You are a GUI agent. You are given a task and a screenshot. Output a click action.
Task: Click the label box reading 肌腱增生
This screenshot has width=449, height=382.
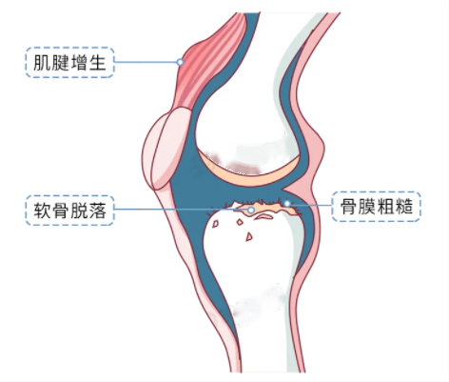[69, 62]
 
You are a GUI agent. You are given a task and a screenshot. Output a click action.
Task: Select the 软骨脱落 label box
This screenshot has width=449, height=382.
[69, 211]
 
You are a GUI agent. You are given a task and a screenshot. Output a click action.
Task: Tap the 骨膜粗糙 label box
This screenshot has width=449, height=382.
[376, 207]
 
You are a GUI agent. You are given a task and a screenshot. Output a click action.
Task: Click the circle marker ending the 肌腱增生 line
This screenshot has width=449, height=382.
[180, 62]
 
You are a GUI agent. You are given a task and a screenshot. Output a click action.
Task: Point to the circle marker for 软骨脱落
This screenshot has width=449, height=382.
[251, 210]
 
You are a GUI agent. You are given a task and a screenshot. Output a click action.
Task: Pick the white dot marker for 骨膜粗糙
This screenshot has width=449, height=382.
[287, 204]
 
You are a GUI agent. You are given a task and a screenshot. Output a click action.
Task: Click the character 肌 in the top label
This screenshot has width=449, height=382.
[42, 63]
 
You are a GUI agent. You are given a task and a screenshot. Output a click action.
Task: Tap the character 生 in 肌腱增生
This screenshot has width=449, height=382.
[97, 63]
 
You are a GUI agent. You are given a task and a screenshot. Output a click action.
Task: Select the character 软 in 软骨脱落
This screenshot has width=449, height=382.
[42, 211]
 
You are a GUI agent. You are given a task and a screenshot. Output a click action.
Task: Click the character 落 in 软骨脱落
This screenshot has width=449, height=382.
[97, 211]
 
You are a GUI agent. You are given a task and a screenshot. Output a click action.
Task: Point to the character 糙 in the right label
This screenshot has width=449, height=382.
[403, 207]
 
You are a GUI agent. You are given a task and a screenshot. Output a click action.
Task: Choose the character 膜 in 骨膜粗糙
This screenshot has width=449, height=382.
[367, 207]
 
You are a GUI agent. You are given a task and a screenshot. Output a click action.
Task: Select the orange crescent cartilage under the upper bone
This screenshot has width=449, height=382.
[250, 174]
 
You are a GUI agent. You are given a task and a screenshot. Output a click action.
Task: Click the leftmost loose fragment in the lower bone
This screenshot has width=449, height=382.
[216, 224]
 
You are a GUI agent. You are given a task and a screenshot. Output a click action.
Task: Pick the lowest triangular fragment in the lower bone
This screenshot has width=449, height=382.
[249, 236]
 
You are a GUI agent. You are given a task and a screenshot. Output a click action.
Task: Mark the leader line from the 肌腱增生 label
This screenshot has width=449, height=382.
[146, 62]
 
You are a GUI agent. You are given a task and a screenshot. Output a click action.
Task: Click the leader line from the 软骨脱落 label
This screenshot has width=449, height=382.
[181, 210]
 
